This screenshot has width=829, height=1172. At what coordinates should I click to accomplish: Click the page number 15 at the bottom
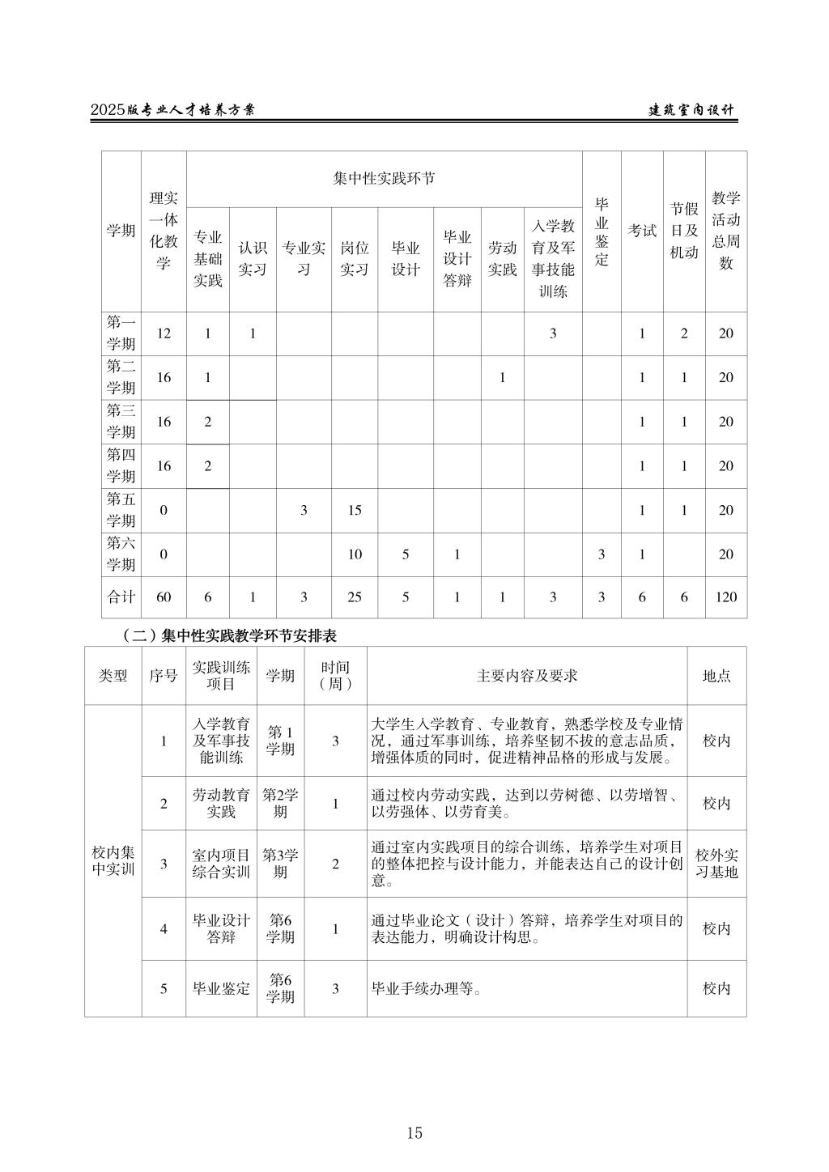click(414, 1133)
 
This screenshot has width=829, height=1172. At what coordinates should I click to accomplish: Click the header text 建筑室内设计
click(692, 111)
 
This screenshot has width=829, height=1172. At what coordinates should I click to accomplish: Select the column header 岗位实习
click(354, 259)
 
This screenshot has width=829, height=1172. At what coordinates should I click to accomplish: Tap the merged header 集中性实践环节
click(384, 178)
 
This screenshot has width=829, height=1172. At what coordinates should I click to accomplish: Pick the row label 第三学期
click(121, 422)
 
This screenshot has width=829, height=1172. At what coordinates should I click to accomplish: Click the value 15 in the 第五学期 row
click(354, 510)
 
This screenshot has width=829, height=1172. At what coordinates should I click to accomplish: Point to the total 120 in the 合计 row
click(726, 597)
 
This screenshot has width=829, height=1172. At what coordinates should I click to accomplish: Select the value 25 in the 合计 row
click(354, 597)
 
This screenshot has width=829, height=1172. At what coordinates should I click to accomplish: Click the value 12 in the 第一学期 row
click(164, 333)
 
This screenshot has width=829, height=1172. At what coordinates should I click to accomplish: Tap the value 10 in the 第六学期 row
click(354, 554)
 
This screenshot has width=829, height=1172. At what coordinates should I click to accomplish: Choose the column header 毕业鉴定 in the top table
click(602, 231)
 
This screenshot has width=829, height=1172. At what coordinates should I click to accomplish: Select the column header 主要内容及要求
click(527, 676)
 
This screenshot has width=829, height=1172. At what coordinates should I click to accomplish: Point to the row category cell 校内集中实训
click(113, 861)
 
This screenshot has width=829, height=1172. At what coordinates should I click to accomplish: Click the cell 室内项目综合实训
click(221, 864)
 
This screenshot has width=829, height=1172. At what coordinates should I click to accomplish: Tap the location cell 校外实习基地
click(716, 864)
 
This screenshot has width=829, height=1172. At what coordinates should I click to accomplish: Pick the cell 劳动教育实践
click(221, 804)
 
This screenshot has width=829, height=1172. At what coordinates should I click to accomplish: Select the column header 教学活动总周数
click(726, 231)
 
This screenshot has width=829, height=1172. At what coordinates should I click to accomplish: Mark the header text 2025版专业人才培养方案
click(172, 111)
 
